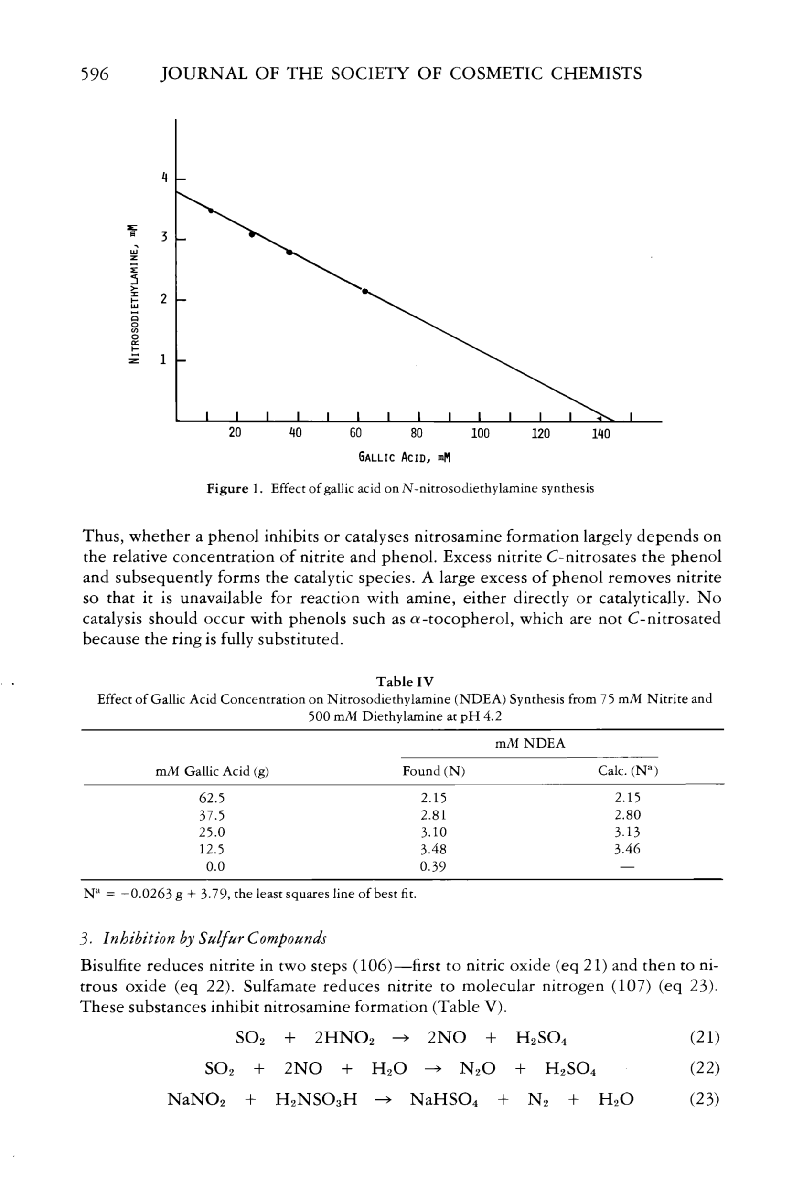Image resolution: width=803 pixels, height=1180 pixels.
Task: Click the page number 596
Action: coord(95,74)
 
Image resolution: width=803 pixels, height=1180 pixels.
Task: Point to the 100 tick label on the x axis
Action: coord(479,433)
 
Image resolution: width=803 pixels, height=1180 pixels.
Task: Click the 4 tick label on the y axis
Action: coord(164,178)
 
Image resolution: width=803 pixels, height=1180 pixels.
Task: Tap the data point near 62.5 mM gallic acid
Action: coord(364,291)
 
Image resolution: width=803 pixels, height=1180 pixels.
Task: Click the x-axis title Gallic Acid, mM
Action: coord(405,457)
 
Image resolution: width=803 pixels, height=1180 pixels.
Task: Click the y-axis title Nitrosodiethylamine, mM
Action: coord(134,294)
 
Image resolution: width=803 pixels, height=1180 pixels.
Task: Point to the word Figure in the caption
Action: coord(227,489)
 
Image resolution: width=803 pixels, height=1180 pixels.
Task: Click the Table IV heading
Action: coord(405,681)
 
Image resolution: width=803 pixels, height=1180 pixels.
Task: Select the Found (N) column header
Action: coord(434,771)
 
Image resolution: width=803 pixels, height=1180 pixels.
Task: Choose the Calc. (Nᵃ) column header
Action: coord(628,771)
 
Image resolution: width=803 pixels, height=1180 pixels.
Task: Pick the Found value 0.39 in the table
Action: coord(433,866)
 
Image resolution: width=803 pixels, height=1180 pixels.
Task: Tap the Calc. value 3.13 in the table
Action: coord(627,832)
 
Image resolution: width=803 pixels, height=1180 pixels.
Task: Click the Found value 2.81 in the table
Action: coord(433,815)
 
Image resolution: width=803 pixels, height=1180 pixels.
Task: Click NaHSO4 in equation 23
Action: coord(444,1099)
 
